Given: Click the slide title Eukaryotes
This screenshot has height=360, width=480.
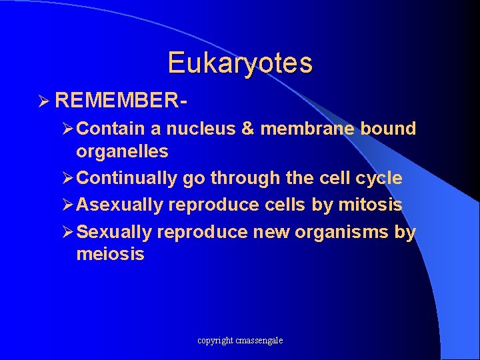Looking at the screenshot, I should [x=240, y=63].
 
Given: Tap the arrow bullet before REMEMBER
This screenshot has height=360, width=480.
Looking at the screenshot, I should [x=44, y=102].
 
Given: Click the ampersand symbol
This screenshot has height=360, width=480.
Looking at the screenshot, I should [x=247, y=129].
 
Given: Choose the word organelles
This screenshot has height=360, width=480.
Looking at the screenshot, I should [x=122, y=151].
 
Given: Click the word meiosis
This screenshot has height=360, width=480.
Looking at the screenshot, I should [x=110, y=255].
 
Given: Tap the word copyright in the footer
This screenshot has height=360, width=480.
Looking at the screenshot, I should [x=215, y=341].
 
